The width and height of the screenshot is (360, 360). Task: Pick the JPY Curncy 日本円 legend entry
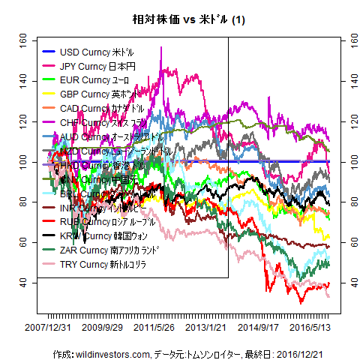(x=97, y=66)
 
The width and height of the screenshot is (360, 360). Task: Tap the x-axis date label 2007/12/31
(x=48, y=327)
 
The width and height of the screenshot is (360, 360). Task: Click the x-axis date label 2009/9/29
(x=102, y=327)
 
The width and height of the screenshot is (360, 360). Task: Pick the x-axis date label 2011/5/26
(x=156, y=327)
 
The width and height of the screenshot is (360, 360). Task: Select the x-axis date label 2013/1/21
(x=205, y=327)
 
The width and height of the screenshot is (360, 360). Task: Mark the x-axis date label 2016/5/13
(x=311, y=327)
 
